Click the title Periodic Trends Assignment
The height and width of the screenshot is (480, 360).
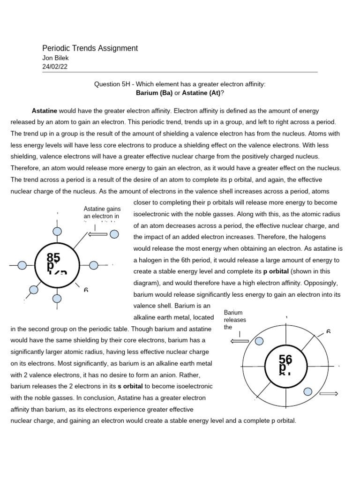[x=90, y=48]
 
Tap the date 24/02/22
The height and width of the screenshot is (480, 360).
[x=55, y=67]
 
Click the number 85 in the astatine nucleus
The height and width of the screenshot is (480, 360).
[x=54, y=257]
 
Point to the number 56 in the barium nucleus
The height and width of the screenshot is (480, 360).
[x=285, y=359]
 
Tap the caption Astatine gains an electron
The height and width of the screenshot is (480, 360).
[x=102, y=212]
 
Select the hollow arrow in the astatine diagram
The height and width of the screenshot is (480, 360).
[x=98, y=233]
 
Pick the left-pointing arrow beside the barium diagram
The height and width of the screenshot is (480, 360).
[x=240, y=341]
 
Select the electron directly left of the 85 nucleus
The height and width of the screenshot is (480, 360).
[x=22, y=265]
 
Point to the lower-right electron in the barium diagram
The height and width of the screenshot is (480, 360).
[x=308, y=391]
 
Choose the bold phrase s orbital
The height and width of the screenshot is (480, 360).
[x=131, y=386]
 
